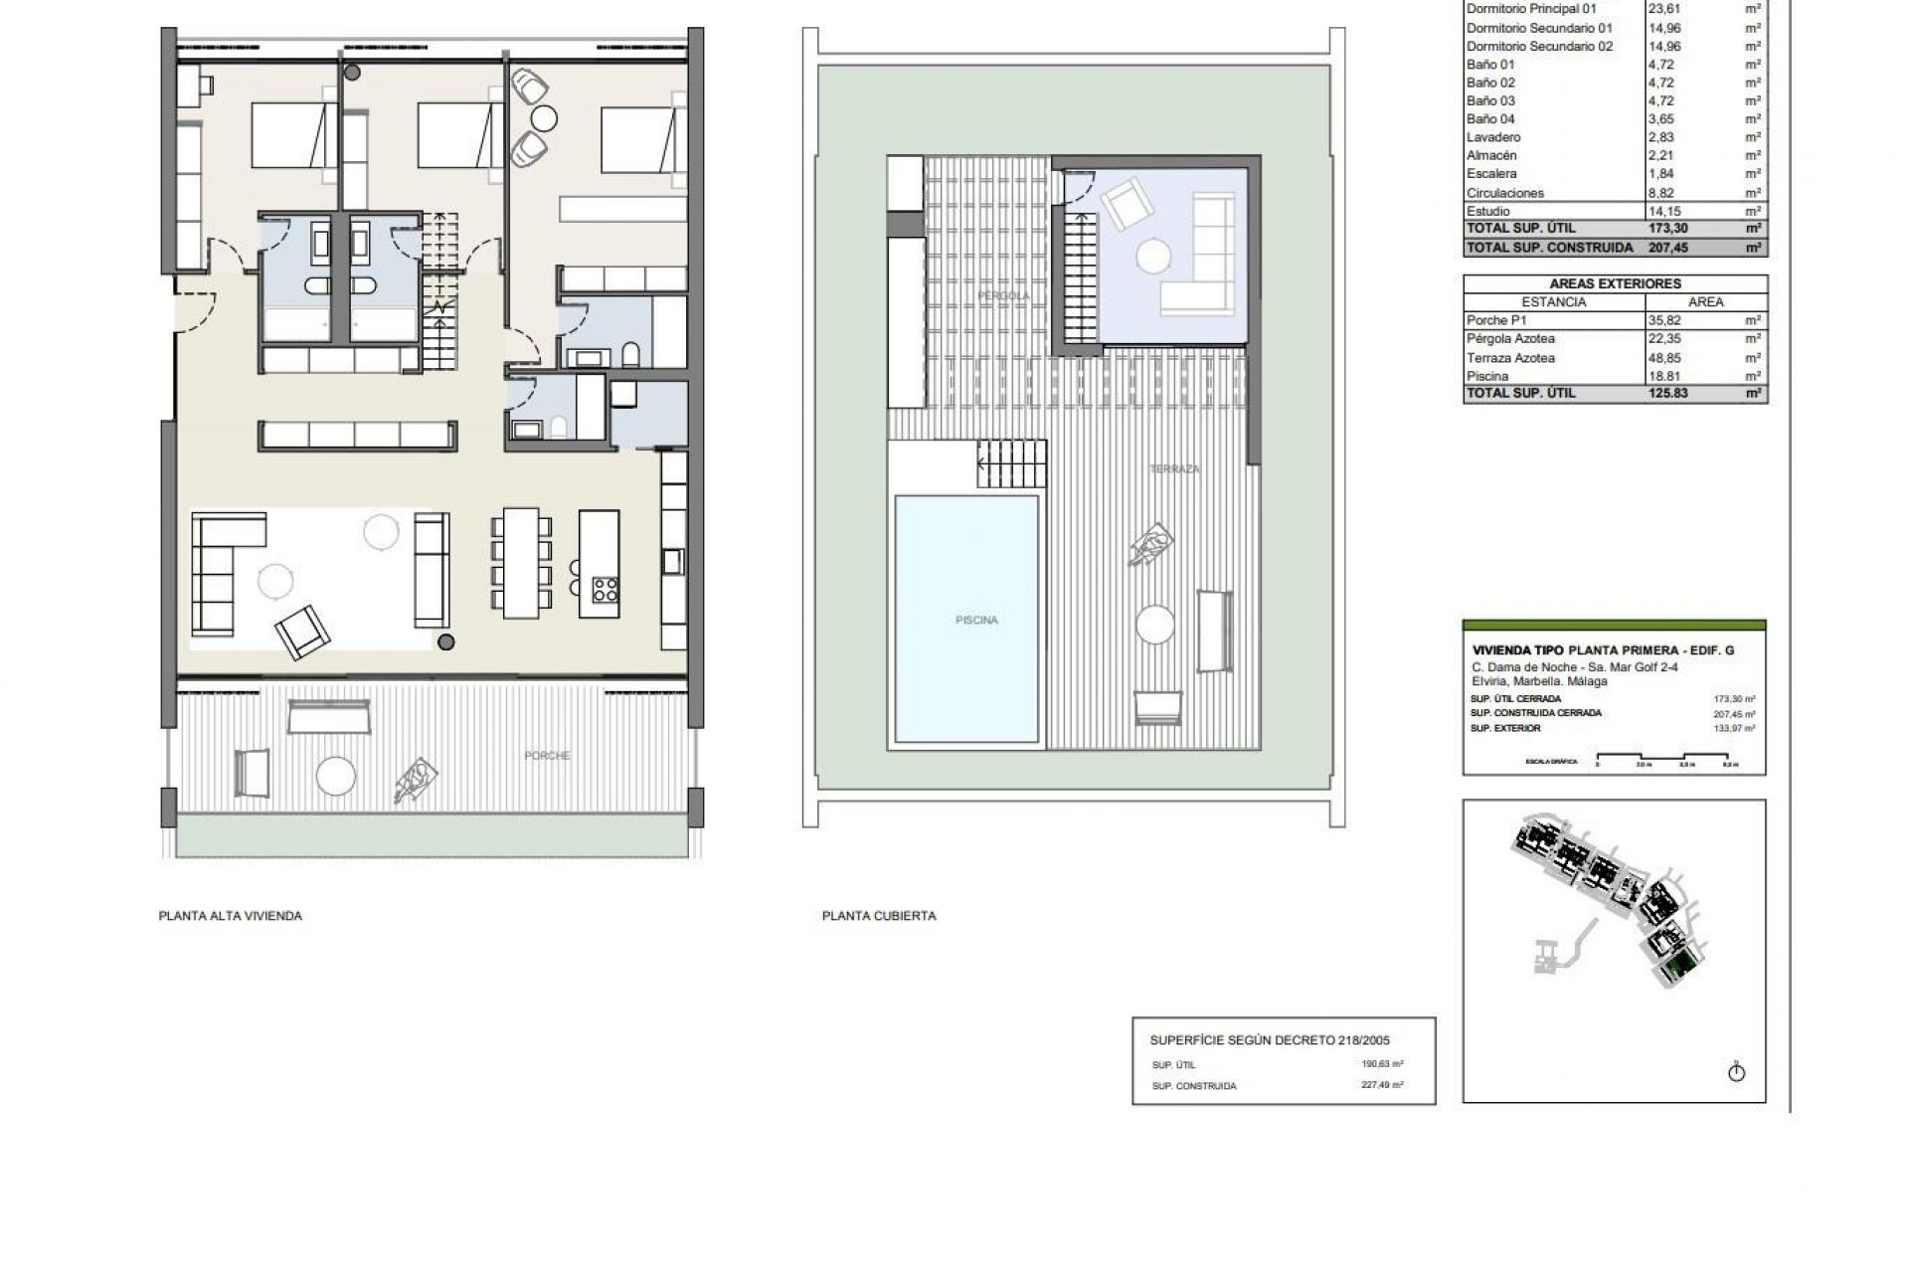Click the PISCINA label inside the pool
[x=975, y=620]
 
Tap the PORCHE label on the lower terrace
[x=547, y=756]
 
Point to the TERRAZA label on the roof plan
[x=1174, y=468]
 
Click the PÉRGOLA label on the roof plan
[x=1002, y=296]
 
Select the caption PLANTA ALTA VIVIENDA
[x=230, y=916]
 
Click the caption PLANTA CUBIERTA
[x=879, y=916]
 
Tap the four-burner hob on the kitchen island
[x=605, y=590]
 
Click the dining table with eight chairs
[x=518, y=561]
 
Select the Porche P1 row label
[x=1496, y=320]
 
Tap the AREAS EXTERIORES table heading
[x=1615, y=283]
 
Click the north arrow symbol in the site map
[x=1737, y=1072]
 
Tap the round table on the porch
[x=336, y=775]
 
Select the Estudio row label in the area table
[x=1488, y=211]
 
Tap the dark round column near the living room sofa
[x=447, y=641]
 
